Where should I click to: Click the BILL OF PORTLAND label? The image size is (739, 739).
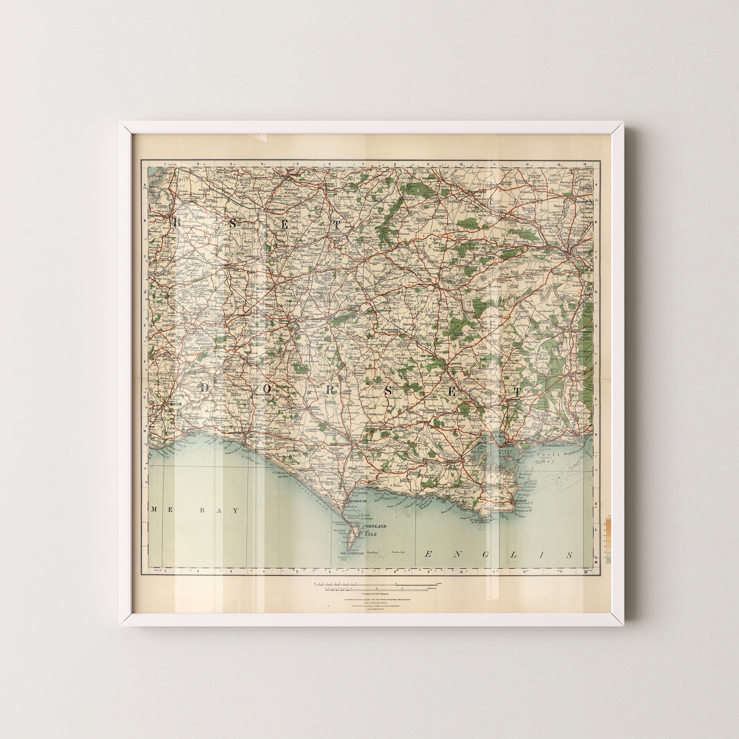click(350, 553)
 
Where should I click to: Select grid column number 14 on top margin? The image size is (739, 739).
click(585, 165)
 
